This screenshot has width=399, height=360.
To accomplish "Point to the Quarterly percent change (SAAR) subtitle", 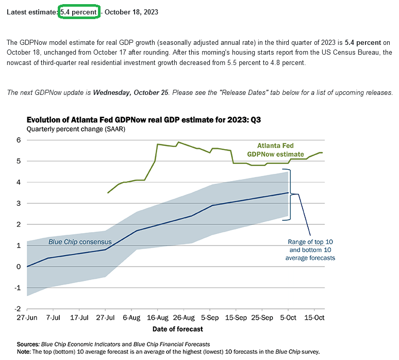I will (x=76, y=129).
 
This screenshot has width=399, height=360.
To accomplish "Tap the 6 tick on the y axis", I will (x=18, y=140).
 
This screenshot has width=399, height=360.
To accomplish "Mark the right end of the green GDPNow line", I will (x=322, y=153).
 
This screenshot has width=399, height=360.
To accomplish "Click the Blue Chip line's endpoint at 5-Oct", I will (x=288, y=193).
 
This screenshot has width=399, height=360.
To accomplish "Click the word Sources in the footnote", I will (x=28, y=343).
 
